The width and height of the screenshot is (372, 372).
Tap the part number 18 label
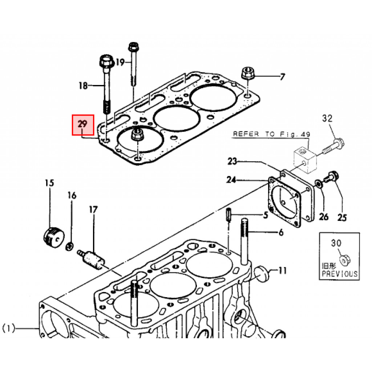coord(83,86)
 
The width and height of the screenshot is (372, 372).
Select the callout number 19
coord(120,62)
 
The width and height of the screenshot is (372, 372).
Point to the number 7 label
coord(282,77)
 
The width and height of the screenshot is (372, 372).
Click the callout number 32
coord(327,118)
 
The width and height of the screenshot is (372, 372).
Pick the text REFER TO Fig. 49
coord(271,134)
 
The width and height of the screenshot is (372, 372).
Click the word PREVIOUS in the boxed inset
coord(340,274)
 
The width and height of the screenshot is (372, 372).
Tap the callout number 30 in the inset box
coord(336,243)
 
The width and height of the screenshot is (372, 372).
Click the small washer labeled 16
coord(69,247)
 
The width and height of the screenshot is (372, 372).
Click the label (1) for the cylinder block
coord(8,329)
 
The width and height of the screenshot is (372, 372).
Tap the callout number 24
coord(231,179)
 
